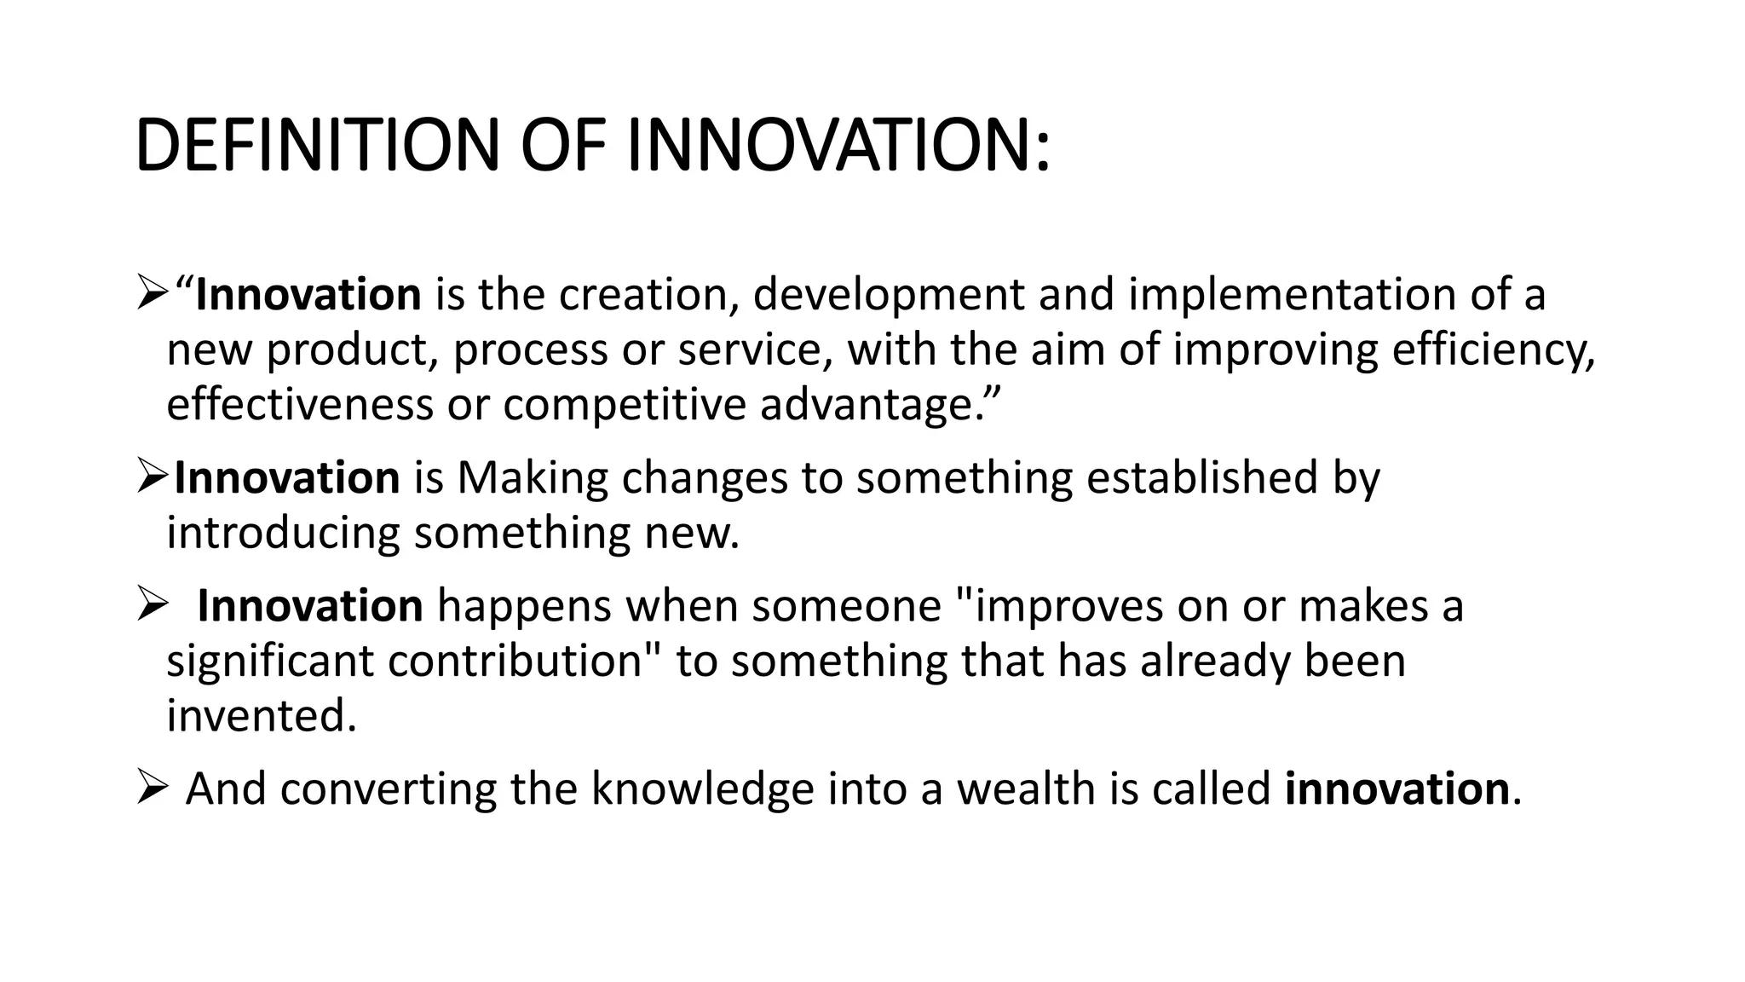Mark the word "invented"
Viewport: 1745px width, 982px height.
(260, 716)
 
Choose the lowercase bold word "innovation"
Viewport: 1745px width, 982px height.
(1397, 788)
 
